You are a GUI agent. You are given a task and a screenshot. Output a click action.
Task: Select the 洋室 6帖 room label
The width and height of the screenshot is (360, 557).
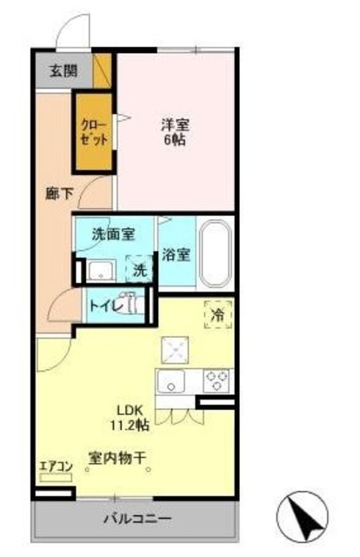(x=174, y=131)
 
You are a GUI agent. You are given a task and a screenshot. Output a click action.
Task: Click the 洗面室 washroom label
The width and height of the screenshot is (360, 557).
(x=114, y=233)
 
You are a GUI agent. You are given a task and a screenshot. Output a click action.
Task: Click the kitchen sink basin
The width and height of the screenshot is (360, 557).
(x=171, y=382)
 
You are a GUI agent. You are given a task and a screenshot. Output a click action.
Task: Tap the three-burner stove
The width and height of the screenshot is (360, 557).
(x=217, y=381)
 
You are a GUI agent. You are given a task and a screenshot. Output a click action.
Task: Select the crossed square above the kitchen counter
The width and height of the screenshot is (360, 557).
(x=172, y=348)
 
